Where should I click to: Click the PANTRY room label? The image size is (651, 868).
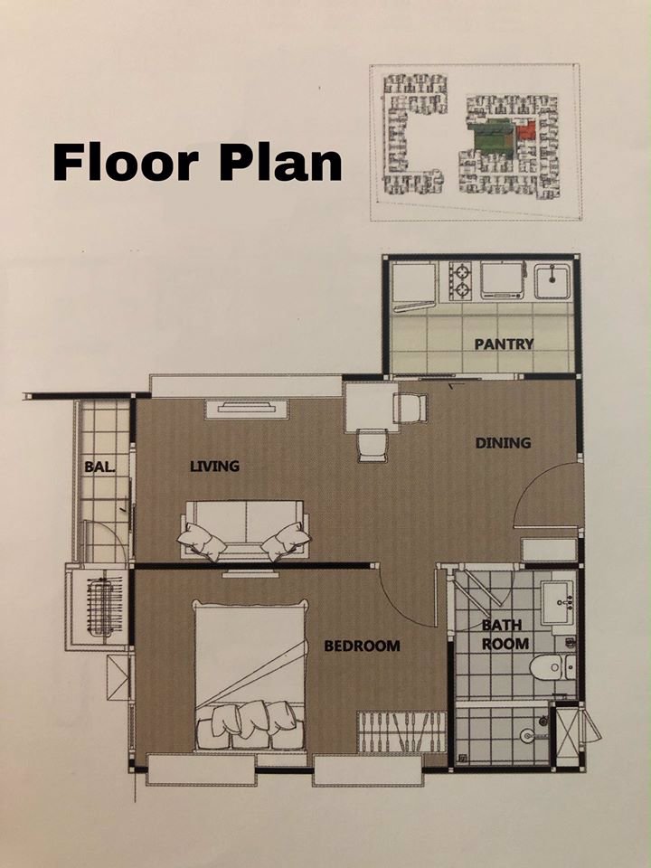504,344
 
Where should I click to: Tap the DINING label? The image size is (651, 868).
503,443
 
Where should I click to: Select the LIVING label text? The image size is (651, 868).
214,467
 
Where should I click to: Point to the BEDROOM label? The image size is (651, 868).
362,646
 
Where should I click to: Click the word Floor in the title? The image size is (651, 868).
125,163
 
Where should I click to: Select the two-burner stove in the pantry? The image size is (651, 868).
461,279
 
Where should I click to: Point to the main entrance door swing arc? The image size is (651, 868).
542,493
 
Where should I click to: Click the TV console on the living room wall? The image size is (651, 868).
246,410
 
